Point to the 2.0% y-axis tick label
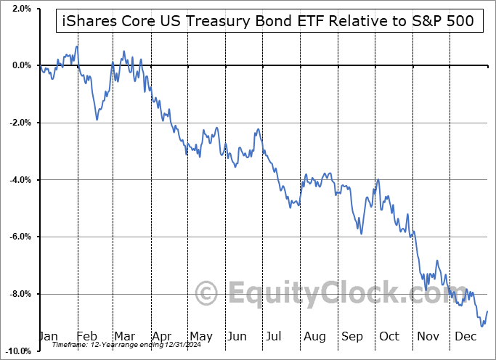[20, 9]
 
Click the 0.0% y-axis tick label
[20, 65]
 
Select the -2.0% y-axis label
[19, 123]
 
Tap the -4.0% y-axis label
[19, 180]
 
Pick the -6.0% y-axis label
[19, 237]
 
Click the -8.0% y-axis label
[19, 294]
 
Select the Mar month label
[124, 337]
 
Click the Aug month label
[314, 337]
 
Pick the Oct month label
[390, 337]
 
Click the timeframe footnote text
[121, 345]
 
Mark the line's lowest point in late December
[481, 327]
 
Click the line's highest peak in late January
[77, 46]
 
